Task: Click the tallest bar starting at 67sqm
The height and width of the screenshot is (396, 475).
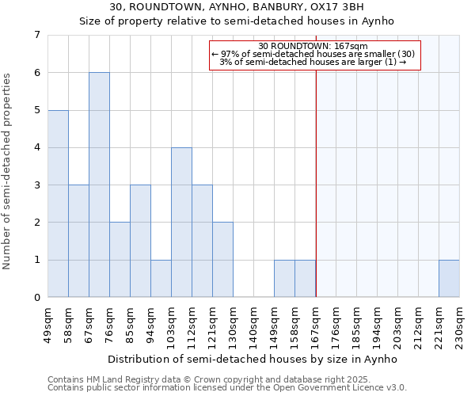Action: tap(99, 185)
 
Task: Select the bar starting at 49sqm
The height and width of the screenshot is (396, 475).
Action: tap(58, 204)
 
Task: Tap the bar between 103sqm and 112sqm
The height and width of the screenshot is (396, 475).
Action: tap(181, 223)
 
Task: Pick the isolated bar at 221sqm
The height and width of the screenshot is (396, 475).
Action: tap(449, 279)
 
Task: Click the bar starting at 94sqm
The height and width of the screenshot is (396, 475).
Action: tap(161, 279)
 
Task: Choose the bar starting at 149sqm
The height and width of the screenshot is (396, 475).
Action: tap(284, 279)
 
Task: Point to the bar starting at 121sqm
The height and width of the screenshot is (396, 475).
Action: tap(222, 260)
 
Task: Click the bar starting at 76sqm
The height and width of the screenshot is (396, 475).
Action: tap(120, 260)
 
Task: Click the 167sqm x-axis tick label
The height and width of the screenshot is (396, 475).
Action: tap(316, 322)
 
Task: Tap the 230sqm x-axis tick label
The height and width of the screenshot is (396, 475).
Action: tap(460, 322)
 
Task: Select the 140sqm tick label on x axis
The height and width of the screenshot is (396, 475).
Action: tap(254, 322)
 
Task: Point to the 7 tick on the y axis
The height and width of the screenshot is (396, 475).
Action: tap(36, 35)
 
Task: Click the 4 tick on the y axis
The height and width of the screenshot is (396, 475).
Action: tap(36, 147)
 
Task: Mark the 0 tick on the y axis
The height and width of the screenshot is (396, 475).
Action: tap(36, 298)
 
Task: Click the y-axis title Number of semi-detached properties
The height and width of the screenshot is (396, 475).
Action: tap(8, 171)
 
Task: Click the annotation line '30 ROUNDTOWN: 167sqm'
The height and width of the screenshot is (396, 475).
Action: tap(314, 47)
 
